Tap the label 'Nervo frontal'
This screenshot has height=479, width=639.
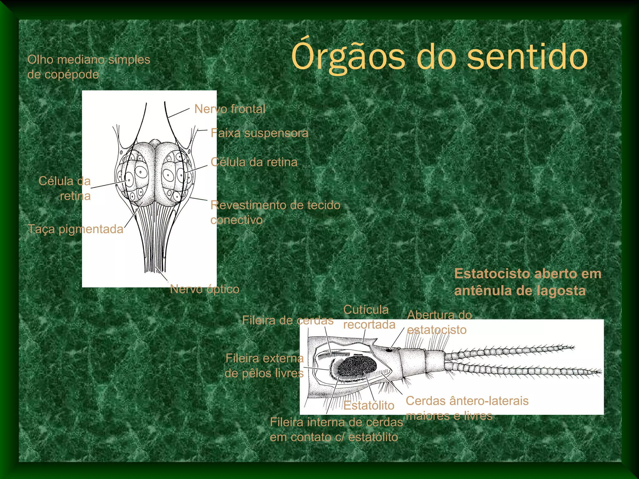tap(230, 109)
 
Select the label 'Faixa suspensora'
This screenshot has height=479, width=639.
tap(259, 133)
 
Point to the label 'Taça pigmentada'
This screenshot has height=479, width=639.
tap(76, 229)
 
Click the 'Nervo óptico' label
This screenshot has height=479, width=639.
tap(205, 289)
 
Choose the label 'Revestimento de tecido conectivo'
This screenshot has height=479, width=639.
tap(275, 212)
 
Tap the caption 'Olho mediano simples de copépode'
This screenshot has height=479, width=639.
tap(89, 67)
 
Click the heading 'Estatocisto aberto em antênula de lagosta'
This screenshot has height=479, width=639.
tap(528, 282)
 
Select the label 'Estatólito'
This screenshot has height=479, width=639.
tap(369, 405)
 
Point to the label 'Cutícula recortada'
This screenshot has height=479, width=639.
tap(369, 317)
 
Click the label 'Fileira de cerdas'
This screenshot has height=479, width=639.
tap(288, 320)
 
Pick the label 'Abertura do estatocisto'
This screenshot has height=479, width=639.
tap(439, 322)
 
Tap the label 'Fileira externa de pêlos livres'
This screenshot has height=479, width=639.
tap(264, 366)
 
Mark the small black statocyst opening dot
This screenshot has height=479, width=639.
tap(389, 350)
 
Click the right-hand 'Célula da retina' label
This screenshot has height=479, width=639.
tap(254, 162)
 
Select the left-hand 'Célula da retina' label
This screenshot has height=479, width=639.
tap(65, 188)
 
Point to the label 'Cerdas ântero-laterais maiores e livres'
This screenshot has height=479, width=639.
tap(467, 408)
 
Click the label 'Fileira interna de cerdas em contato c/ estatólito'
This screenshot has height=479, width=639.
tap(336, 430)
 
